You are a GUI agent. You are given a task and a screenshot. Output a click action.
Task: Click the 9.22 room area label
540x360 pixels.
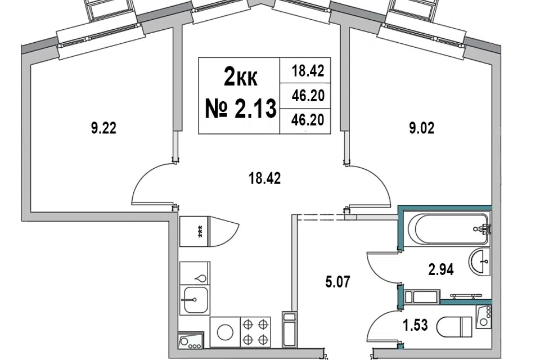tap(103, 128)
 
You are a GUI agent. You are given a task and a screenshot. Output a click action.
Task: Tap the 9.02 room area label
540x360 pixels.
tap(421, 128)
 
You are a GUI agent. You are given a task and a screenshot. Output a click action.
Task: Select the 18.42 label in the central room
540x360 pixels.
tap(264, 178)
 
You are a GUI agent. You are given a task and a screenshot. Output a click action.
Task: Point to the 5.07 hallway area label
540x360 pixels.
tap(337, 282)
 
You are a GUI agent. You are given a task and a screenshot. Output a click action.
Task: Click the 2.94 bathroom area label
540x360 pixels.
tap(441, 269)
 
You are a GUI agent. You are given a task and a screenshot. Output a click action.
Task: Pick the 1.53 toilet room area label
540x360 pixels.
tap(415, 325)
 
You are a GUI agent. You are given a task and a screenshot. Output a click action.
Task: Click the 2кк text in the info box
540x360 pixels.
tap(240, 77)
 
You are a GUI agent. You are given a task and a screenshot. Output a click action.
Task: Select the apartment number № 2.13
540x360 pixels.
tap(241, 108)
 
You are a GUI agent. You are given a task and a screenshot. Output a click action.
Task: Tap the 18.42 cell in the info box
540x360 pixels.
tap(308, 71)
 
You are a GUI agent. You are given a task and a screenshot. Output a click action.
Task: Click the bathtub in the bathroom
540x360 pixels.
tap(448, 229)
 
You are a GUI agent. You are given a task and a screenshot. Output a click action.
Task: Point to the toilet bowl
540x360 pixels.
tap(454, 327)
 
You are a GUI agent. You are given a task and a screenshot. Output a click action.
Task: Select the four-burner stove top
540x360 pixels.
tap(255, 332)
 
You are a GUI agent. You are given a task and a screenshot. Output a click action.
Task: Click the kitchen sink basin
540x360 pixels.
tap(195, 300)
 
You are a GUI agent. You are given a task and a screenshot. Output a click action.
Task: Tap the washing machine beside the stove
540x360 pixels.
tap(225, 332)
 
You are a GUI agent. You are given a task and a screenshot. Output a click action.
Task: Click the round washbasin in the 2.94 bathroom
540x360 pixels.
tap(479, 262)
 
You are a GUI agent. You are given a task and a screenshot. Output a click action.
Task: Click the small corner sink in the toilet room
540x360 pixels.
tap(484, 316)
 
